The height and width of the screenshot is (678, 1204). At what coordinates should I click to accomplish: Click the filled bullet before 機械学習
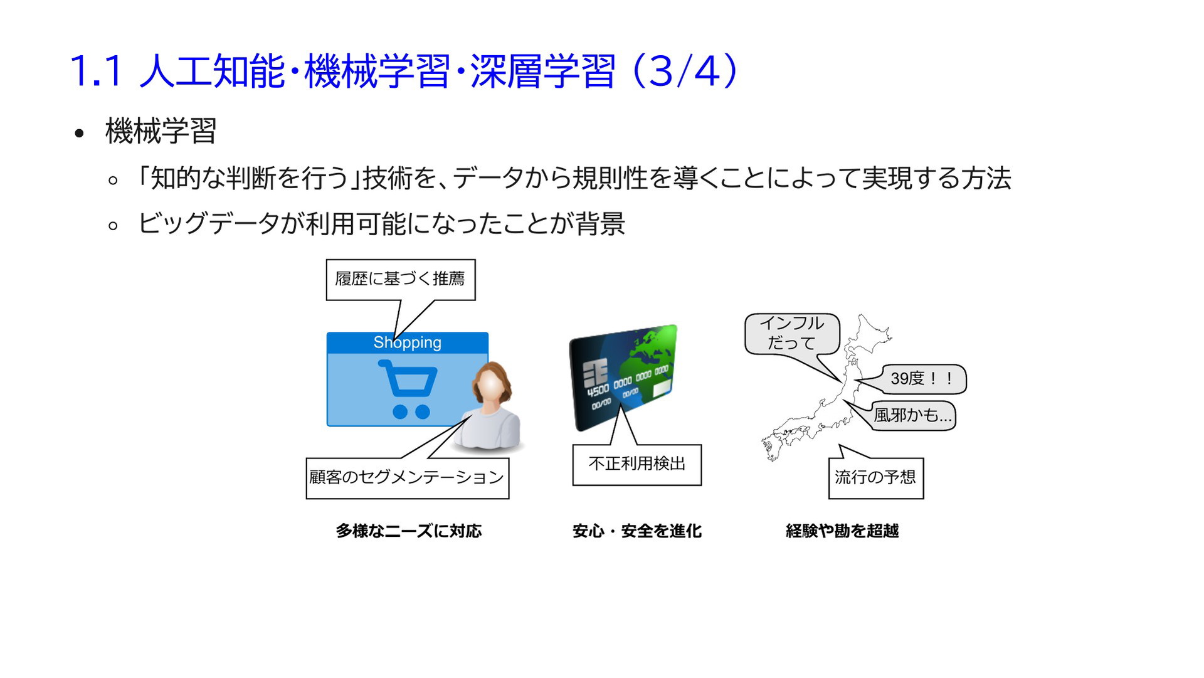click(x=79, y=133)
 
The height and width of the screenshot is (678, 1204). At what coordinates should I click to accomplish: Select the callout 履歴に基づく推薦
click(x=401, y=280)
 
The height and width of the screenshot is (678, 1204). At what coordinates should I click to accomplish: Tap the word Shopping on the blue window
click(x=408, y=342)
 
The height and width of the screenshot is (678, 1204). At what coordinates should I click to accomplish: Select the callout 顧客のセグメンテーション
click(x=408, y=479)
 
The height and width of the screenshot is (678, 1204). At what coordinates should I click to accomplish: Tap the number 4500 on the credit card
click(x=598, y=390)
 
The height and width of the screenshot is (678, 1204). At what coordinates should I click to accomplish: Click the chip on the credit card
click(x=595, y=374)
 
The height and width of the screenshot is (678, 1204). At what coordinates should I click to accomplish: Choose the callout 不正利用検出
click(x=637, y=465)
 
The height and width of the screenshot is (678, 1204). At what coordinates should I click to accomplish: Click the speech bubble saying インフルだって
click(x=792, y=334)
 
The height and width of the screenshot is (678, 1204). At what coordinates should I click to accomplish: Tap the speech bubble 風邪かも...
click(x=912, y=415)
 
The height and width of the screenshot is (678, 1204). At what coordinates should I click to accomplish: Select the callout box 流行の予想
click(x=876, y=479)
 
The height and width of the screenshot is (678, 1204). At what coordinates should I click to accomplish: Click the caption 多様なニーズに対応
click(x=409, y=531)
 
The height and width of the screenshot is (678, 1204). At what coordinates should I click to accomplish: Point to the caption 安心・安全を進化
click(x=637, y=531)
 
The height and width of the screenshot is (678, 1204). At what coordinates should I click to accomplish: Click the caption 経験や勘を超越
click(x=842, y=531)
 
